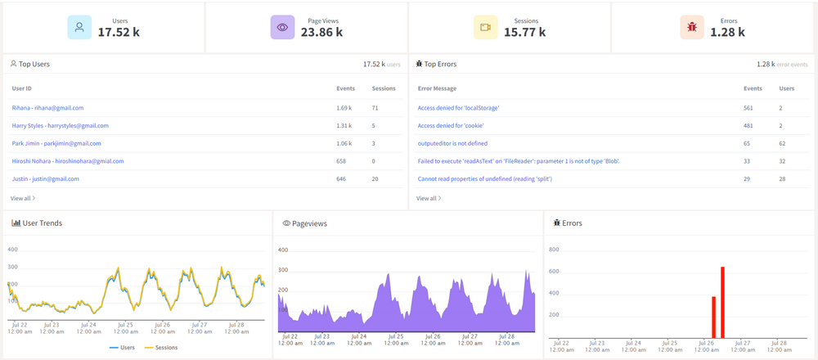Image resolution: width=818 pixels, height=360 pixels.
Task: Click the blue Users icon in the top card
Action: point(79,27)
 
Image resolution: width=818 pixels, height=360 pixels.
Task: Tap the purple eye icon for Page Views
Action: point(282,27)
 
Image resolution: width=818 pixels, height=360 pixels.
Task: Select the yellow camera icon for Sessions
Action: point(485,27)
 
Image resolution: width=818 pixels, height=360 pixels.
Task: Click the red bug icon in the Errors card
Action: point(692,27)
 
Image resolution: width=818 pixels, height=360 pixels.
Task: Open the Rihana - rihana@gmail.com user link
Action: point(47,107)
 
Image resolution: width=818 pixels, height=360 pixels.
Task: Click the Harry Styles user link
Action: point(60,125)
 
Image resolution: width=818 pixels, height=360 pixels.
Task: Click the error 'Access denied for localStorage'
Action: point(458,107)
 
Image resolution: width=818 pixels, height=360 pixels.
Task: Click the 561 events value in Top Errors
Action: point(748,107)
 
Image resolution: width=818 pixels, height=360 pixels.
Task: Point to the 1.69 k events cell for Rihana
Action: point(344,107)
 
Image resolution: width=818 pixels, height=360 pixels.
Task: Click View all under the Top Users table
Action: point(23,198)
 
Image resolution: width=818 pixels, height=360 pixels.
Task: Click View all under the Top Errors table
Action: point(429,198)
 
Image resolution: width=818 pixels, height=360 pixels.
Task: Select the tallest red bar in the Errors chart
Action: point(722,301)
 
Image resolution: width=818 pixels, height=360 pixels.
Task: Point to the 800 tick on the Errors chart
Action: point(554,250)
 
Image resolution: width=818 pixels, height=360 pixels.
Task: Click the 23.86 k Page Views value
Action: point(321,32)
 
